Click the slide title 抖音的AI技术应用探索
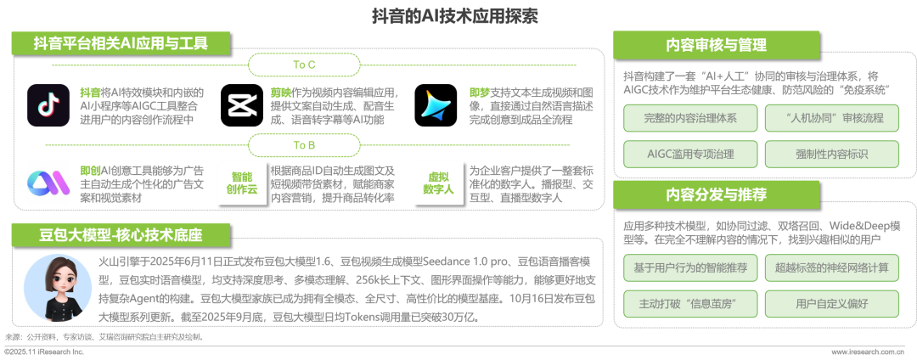click(455, 16)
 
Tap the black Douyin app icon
click(48, 105)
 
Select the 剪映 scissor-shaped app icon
click(241, 105)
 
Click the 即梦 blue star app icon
click(436, 105)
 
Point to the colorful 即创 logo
click(48, 183)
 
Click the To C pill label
click(303, 65)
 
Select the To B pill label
click(303, 145)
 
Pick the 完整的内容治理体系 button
click(690, 119)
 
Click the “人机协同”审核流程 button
click(832, 119)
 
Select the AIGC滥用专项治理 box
click(690, 155)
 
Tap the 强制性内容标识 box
click(832, 155)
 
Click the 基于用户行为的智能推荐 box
click(690, 268)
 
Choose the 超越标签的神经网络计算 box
click(832, 268)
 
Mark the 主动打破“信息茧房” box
click(690, 304)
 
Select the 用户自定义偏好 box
click(832, 304)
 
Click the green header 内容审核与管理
click(716, 45)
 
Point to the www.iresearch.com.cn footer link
click(871, 352)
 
